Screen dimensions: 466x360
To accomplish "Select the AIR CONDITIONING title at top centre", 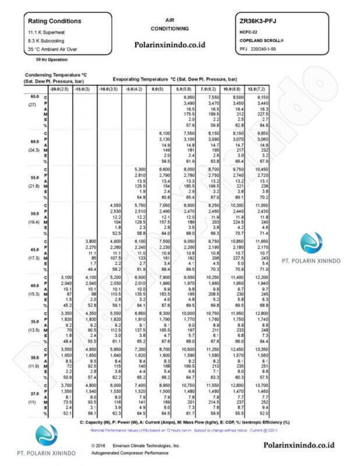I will pyautogui.click(x=170, y=24).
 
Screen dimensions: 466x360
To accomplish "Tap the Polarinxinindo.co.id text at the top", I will pyautogui.click(x=170, y=43).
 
